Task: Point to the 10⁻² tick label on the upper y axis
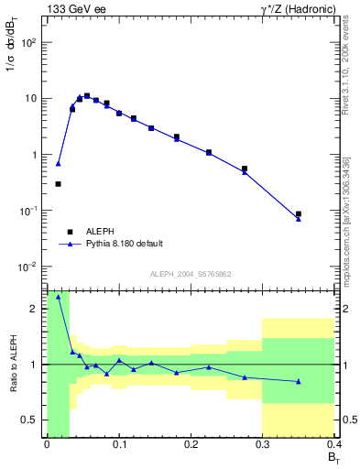pos(27,267)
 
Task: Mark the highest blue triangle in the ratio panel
pos(59,297)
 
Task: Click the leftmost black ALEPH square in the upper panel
pos(59,184)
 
